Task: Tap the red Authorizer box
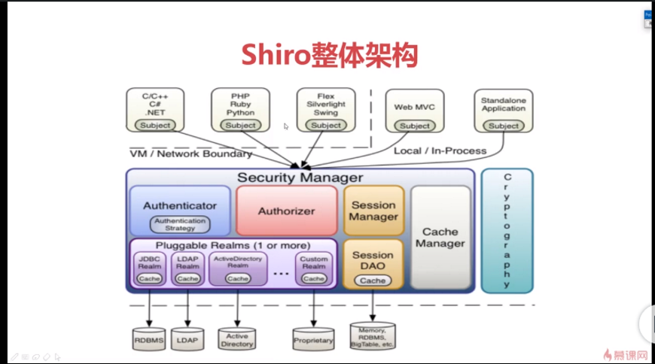pos(286,211)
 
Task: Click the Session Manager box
pos(373,211)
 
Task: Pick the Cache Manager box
pos(440,237)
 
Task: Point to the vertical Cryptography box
pos(507,230)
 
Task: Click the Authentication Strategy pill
pos(180,224)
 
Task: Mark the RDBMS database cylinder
pos(149,339)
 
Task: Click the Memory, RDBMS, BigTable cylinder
pos(372,335)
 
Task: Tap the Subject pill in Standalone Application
pos(504,126)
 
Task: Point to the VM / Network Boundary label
pos(191,153)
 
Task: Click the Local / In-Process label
pos(440,150)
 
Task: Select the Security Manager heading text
pos(300,177)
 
